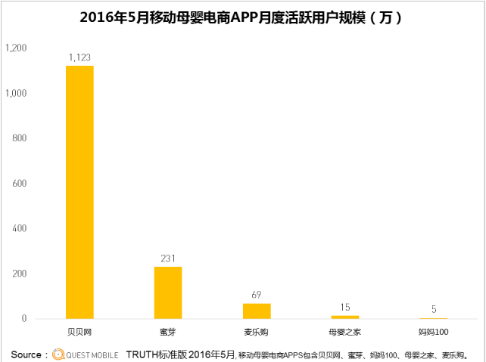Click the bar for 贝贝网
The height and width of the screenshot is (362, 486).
[x=79, y=192]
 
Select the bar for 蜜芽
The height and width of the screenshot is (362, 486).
[x=168, y=292]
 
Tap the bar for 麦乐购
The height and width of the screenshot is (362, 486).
[x=257, y=311]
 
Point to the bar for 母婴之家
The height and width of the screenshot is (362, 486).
[x=344, y=317]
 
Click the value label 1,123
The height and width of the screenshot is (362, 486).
[x=79, y=57]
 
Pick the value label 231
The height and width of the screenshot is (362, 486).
[x=168, y=258]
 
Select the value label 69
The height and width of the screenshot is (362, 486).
[x=257, y=295]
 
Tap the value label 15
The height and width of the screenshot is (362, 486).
[x=344, y=307]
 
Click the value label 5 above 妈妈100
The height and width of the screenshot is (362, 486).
[x=433, y=309]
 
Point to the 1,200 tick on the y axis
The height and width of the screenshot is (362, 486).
[x=16, y=48]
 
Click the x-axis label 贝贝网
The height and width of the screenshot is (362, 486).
[x=79, y=332]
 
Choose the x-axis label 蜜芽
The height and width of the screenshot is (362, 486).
[x=168, y=332]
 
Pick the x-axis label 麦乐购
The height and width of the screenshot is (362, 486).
[x=257, y=332]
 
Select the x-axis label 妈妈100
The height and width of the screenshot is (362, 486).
[x=433, y=332]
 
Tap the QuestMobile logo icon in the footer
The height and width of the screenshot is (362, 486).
[x=58, y=354]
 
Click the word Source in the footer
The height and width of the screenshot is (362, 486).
[x=25, y=354]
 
